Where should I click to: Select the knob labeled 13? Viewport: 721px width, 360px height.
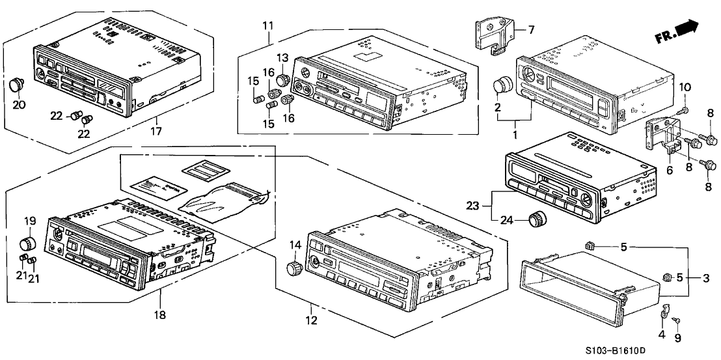[x=282, y=80]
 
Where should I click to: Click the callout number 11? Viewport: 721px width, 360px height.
[x=268, y=27]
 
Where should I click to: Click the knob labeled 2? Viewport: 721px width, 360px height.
[x=502, y=86]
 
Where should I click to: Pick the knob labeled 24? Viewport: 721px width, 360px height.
[x=538, y=219]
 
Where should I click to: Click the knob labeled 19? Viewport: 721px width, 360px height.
[x=27, y=243]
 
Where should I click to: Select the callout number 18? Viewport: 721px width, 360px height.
[x=159, y=315]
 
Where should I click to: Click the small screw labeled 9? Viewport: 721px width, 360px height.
[x=677, y=320]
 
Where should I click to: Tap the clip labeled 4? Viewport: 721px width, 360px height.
[x=663, y=312]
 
